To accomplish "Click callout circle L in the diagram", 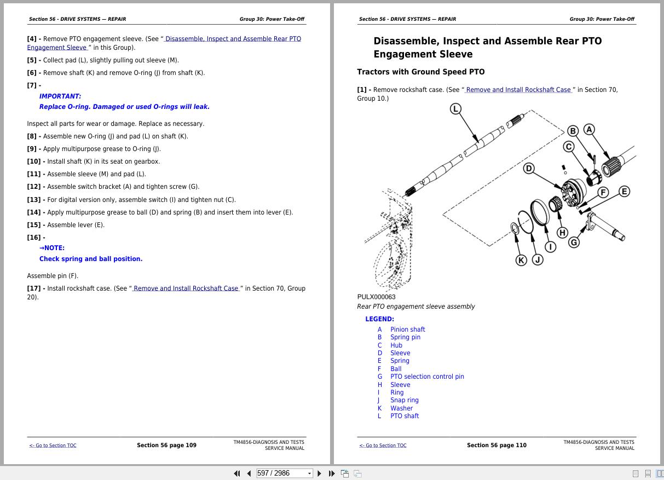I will point(455,109).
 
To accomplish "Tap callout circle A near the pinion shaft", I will point(589,130).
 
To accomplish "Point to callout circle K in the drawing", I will point(521,260).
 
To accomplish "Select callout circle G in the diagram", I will point(574,242).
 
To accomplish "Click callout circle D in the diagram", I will point(529,169).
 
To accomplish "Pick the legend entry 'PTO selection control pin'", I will point(427,377).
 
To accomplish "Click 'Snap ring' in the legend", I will point(404,400).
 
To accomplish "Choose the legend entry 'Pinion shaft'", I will point(407,329).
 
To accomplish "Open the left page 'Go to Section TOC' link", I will point(53,446).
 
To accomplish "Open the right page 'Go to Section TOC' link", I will point(383,446).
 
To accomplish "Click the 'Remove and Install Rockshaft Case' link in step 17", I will point(186,288).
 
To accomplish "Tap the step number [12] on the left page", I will point(36,187).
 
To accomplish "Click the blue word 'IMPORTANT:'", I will point(60,96).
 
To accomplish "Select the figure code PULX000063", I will point(376,297).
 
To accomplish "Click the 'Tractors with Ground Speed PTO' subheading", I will point(420,72).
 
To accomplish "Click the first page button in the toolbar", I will point(237,473).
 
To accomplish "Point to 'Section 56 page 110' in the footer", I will point(496,446).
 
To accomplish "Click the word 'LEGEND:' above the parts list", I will point(379,319).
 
